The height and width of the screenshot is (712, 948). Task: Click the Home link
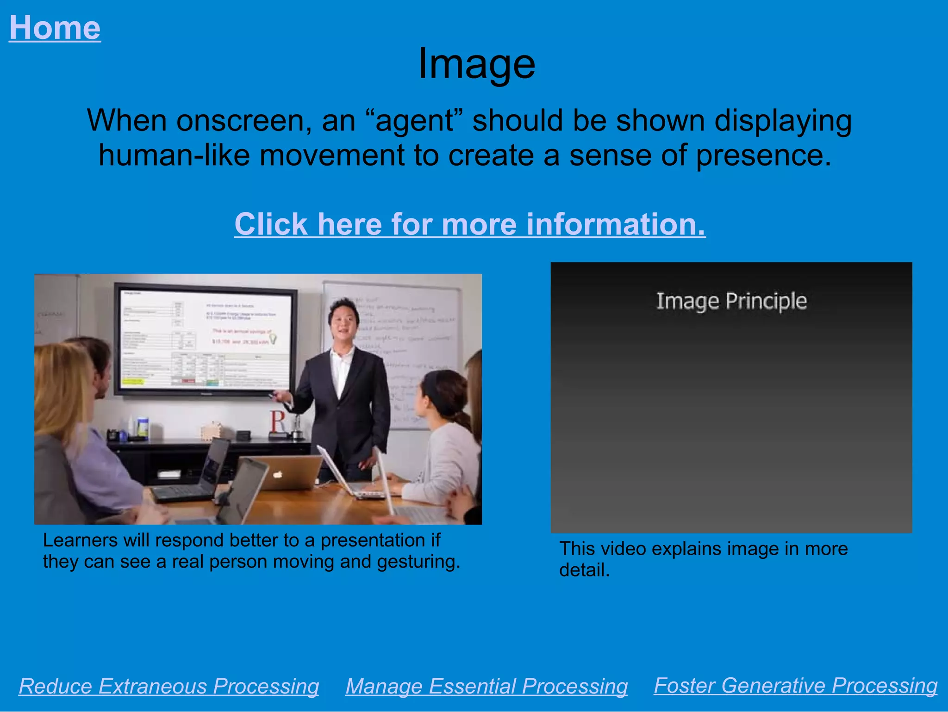pyautogui.click(x=55, y=28)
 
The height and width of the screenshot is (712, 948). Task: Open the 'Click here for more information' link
pyautogui.click(x=470, y=224)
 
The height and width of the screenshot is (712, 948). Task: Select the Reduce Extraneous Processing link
pyautogui.click(x=169, y=686)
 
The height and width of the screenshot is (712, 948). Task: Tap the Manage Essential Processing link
pyautogui.click(x=486, y=686)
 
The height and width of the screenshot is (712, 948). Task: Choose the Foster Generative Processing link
pyautogui.click(x=796, y=685)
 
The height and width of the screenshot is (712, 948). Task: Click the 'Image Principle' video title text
pyautogui.click(x=731, y=301)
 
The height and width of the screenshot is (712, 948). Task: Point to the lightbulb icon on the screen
pyautogui.click(x=273, y=339)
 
